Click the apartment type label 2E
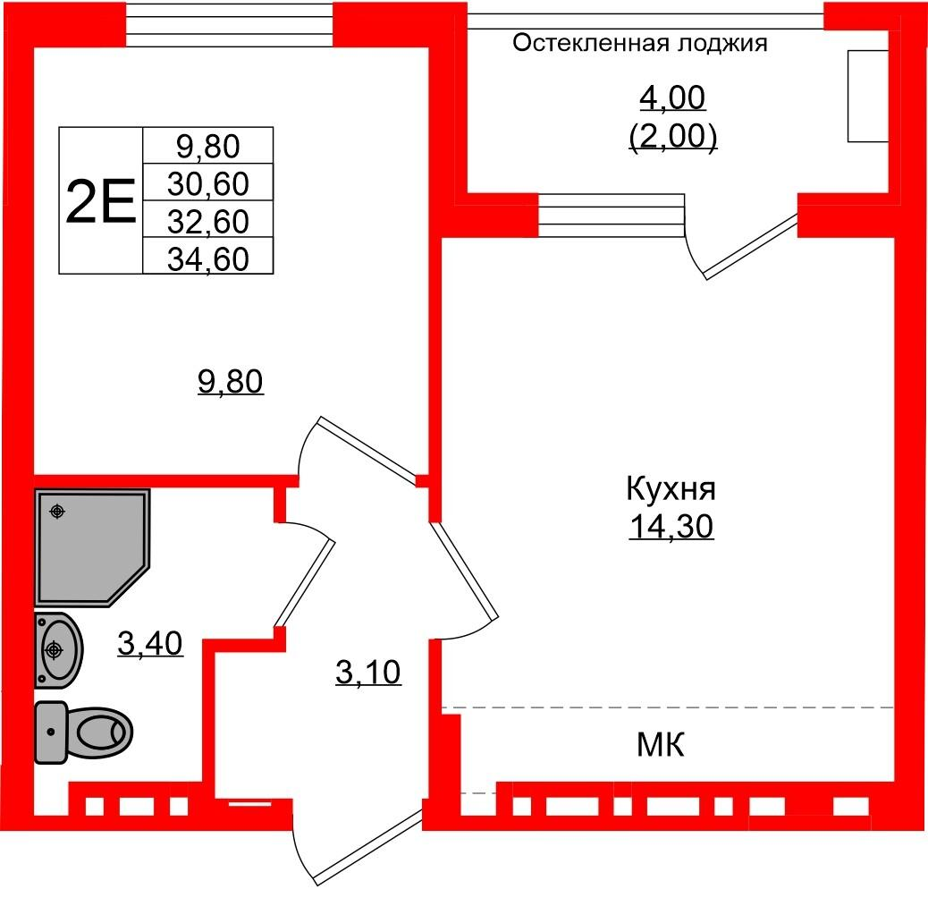point(101,201)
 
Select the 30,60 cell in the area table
point(207,183)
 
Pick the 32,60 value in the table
point(207,221)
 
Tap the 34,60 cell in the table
point(207,258)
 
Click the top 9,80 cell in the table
point(207,147)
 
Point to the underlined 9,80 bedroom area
point(231,381)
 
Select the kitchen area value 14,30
point(671,527)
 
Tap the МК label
point(661,745)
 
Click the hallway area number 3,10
point(368,673)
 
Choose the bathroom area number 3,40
point(150,644)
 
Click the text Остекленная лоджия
point(640,43)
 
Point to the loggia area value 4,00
point(672,98)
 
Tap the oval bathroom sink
point(57,650)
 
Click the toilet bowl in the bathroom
point(84,732)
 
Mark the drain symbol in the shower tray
point(57,511)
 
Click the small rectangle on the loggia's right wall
point(868,96)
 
